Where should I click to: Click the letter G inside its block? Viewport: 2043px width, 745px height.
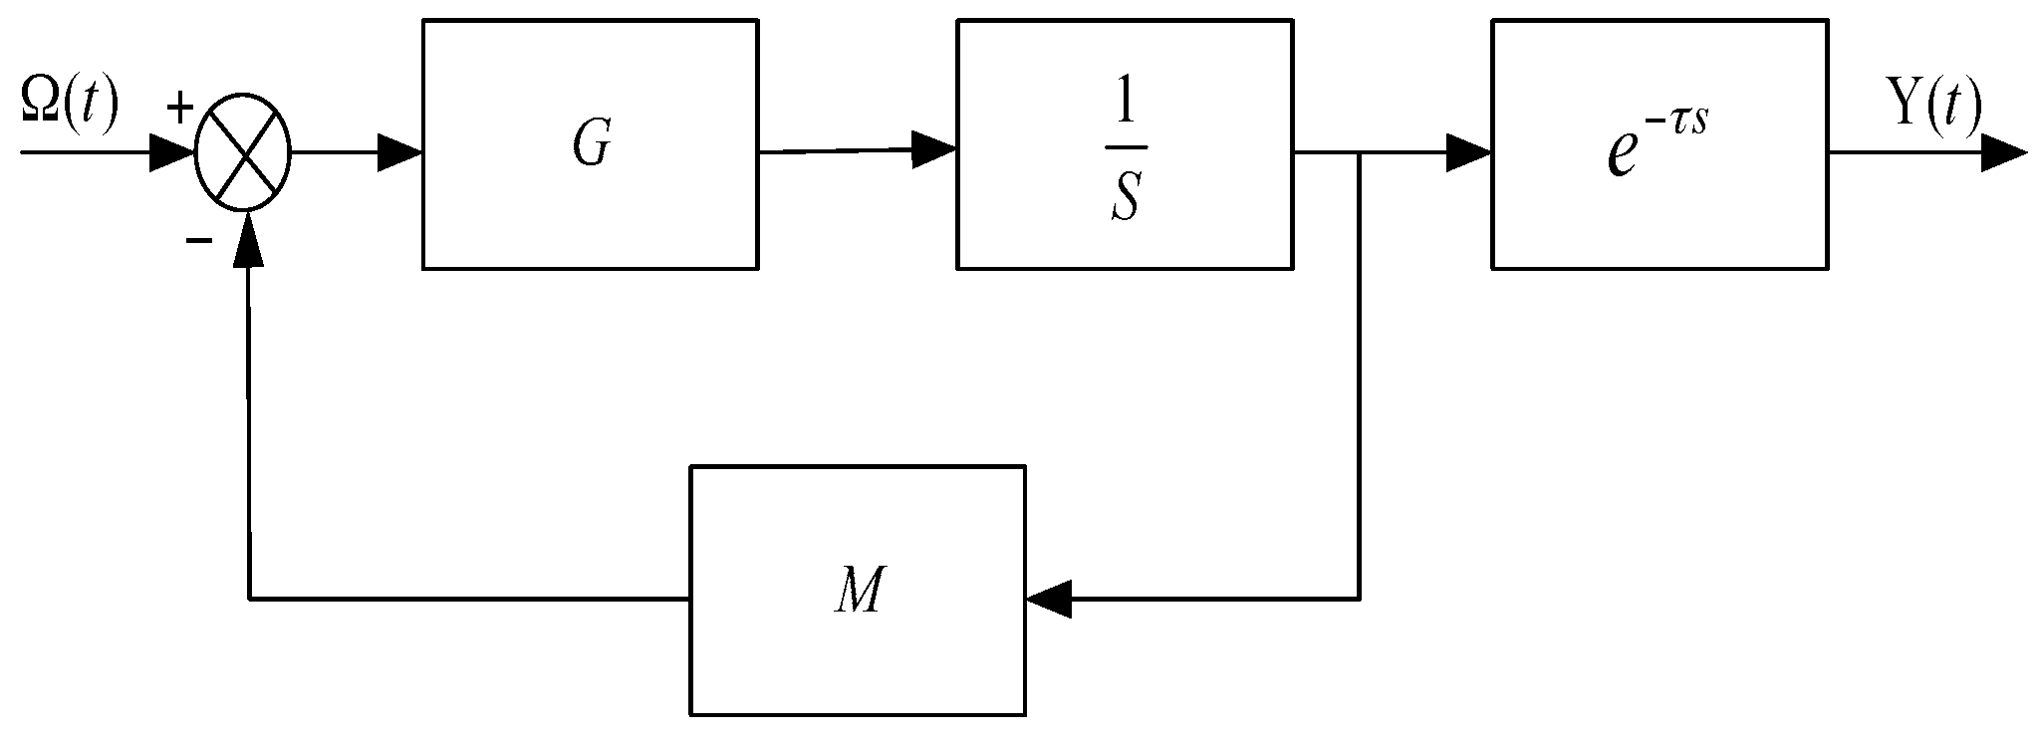591,146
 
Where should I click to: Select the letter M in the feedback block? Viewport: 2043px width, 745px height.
858,593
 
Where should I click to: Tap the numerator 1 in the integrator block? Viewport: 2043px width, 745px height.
1126,108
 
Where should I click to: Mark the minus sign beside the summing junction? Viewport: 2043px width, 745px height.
198,241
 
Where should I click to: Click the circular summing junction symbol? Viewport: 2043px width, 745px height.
242,155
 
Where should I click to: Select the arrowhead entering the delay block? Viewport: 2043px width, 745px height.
1470,153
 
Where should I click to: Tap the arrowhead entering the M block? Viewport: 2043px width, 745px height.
1048,600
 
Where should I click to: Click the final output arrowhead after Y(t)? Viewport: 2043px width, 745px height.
2004,154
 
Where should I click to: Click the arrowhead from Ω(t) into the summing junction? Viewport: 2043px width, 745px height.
171,154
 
